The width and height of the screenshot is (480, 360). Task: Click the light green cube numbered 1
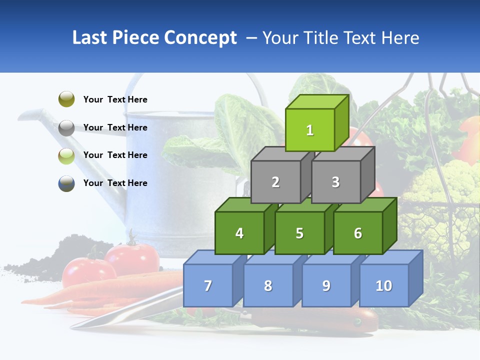(x=310, y=130)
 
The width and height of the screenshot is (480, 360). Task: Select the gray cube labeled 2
(x=275, y=182)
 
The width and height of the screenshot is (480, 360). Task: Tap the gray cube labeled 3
(x=335, y=182)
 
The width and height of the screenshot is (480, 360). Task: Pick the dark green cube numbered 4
(x=239, y=233)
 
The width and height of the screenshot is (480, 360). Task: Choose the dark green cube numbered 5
(x=299, y=233)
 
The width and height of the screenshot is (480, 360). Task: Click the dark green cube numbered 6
(x=358, y=233)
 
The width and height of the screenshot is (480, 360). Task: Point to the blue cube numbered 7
(x=208, y=285)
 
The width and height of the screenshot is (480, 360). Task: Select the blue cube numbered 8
(x=268, y=285)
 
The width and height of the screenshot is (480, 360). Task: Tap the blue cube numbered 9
(x=326, y=285)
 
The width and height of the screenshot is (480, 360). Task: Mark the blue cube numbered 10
(x=384, y=285)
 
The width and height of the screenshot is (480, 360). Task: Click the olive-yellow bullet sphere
(x=66, y=99)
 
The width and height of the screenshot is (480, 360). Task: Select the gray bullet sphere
(x=66, y=127)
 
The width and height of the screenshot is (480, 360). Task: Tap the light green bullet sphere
(x=66, y=155)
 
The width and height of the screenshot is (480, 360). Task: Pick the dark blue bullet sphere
(x=66, y=183)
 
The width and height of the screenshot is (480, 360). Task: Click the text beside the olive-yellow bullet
(x=115, y=99)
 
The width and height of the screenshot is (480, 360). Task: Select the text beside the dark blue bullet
(x=115, y=183)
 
